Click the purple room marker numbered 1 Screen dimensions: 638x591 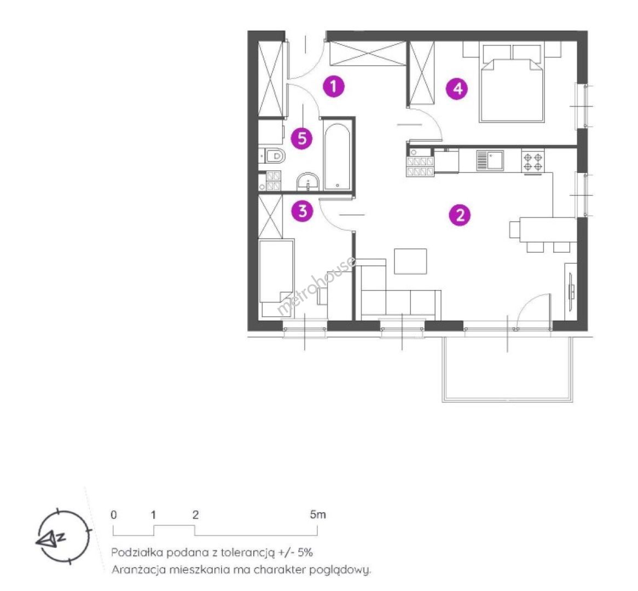pyautogui.click(x=334, y=86)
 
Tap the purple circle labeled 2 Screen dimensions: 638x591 pyautogui.click(x=460, y=215)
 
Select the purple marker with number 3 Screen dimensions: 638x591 pyautogui.click(x=303, y=211)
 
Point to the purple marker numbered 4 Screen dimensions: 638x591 pyautogui.click(x=457, y=88)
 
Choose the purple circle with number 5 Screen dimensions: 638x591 pyautogui.click(x=302, y=139)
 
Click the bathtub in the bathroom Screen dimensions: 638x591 pyautogui.click(x=337, y=157)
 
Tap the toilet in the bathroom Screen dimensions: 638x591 pyautogui.click(x=273, y=155)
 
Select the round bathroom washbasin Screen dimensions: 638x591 pyautogui.click(x=308, y=182)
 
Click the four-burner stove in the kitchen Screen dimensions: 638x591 pyautogui.click(x=533, y=161)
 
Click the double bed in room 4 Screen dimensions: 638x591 pyautogui.click(x=512, y=83)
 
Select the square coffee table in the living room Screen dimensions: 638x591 pyautogui.click(x=410, y=262)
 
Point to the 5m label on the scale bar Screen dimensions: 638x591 pyautogui.click(x=318, y=515)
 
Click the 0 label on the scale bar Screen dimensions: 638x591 pyautogui.click(x=113, y=515)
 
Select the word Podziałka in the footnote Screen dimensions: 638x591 pyautogui.click(x=137, y=552)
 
